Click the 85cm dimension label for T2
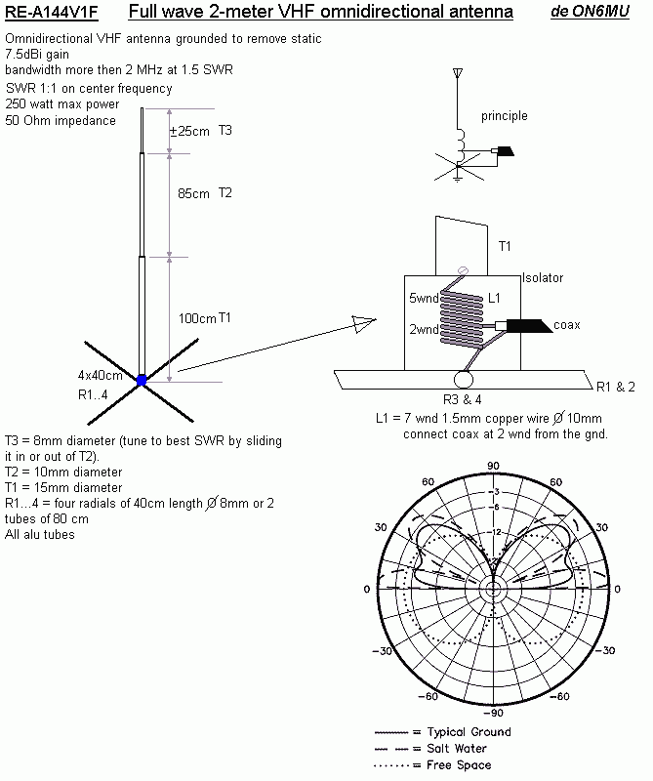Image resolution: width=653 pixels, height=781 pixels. tap(193, 193)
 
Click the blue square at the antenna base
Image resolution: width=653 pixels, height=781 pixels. tap(142, 380)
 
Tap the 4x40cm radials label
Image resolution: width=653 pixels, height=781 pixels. tap(101, 376)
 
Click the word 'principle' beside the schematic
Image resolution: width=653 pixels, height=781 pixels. tap(504, 116)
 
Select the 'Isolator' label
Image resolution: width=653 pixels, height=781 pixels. tap(543, 278)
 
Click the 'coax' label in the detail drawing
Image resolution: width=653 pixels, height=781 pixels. tap(567, 325)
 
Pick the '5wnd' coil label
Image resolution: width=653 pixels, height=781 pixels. tap(423, 299)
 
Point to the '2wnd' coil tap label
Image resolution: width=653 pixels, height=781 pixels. tap(423, 330)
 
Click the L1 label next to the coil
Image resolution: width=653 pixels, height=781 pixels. tap(494, 297)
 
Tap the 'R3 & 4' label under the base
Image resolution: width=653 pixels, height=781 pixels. tap(463, 398)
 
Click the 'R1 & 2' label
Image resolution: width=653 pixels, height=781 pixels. tap(615, 387)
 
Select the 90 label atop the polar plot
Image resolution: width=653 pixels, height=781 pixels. tap(494, 466)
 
